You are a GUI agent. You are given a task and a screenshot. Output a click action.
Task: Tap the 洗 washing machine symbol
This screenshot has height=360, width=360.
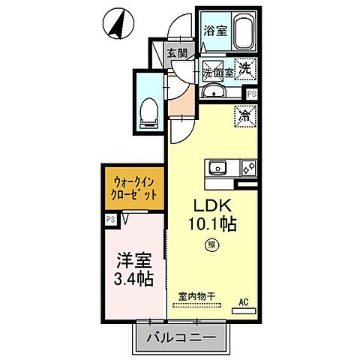pos(244,68)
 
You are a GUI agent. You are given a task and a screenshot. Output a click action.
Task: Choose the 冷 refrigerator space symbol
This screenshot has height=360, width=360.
pos(244,116)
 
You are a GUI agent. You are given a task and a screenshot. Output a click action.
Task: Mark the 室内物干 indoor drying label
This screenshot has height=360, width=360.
pos(196,295)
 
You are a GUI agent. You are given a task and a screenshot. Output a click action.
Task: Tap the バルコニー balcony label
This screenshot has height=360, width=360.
pos(180,337)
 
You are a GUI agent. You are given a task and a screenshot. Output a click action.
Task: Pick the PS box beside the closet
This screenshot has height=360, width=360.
pos(110,219)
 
